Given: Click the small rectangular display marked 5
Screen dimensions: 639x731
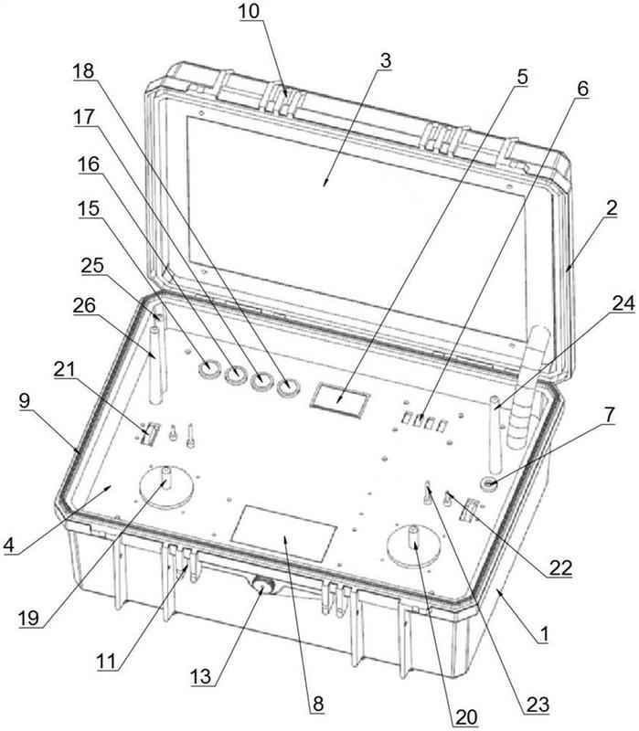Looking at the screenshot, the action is click(x=341, y=397).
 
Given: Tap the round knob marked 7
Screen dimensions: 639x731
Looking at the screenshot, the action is click(x=491, y=482).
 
